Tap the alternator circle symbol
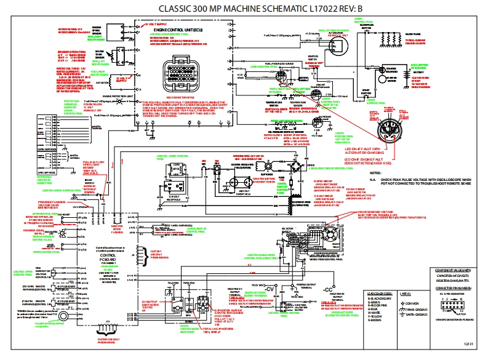click(x=335, y=44)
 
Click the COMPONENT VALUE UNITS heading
click(x=452, y=270)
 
